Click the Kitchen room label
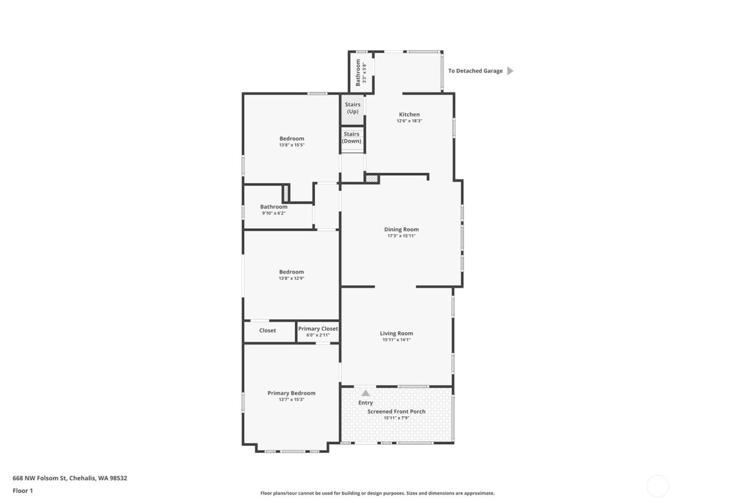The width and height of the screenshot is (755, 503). (x=409, y=114)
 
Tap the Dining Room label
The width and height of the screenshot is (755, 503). (x=401, y=229)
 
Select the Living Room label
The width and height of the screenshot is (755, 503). (x=396, y=333)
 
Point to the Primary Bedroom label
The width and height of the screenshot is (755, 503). (x=291, y=393)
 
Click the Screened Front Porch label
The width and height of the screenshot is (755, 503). (x=396, y=411)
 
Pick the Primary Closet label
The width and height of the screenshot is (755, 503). (x=318, y=328)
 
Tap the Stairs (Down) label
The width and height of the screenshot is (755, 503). (x=352, y=137)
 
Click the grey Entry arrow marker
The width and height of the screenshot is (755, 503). (x=366, y=393)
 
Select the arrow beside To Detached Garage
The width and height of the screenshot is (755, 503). (x=510, y=71)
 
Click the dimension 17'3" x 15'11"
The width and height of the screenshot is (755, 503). (x=401, y=236)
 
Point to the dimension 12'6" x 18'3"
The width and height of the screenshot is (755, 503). (x=409, y=121)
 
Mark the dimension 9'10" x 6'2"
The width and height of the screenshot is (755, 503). (x=273, y=213)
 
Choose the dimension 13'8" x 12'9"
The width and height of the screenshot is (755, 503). (x=291, y=279)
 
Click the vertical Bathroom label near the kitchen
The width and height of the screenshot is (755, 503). (x=358, y=73)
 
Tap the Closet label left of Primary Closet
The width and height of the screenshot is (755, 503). (x=267, y=330)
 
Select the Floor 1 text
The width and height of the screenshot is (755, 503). (x=23, y=491)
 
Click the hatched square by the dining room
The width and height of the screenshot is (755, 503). (x=371, y=178)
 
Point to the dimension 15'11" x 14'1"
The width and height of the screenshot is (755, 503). (x=396, y=340)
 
